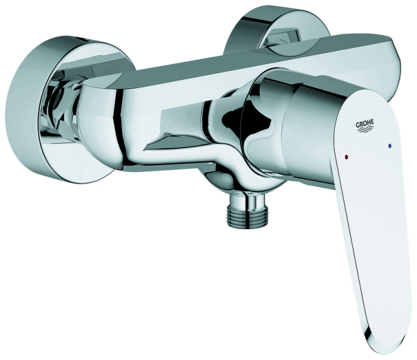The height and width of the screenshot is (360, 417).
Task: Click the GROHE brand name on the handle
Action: pos(365,123)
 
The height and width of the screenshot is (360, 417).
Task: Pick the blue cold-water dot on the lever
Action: pos(390,146)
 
